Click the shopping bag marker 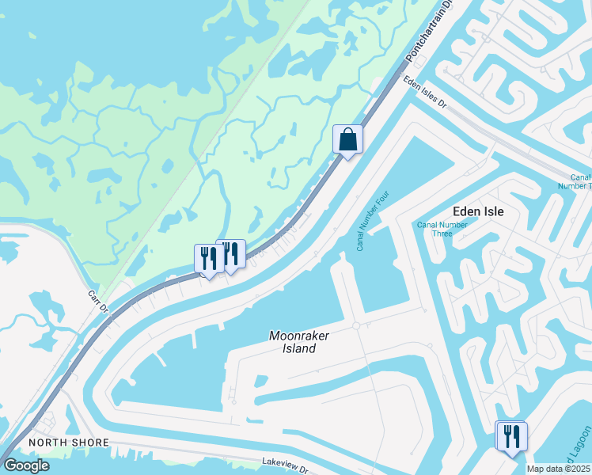[x=347, y=140]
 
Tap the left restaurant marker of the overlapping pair [x=208, y=258]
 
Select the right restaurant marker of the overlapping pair [x=231, y=254]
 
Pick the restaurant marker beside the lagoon [x=511, y=435]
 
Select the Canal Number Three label [x=442, y=229]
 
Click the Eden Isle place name [x=478, y=211]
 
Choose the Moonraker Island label [x=298, y=342]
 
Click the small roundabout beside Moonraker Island [x=356, y=325]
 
